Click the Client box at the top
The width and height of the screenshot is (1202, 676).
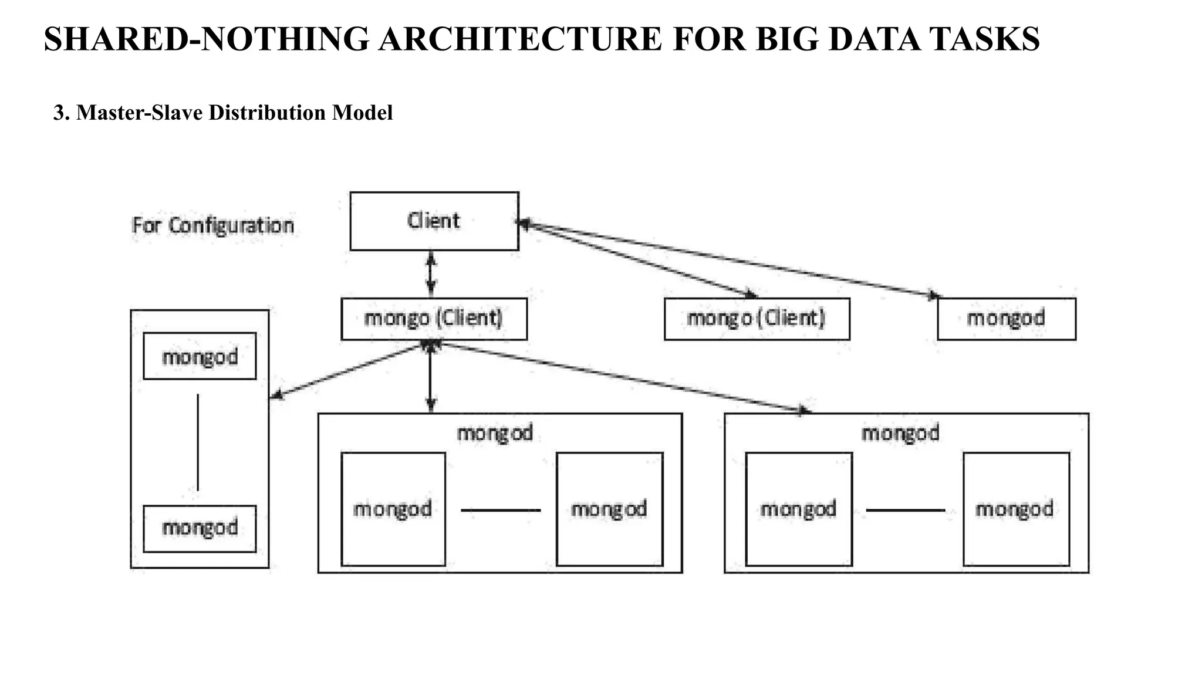pyautogui.click(x=434, y=221)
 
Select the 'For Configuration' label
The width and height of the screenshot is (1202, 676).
pyautogui.click(x=212, y=225)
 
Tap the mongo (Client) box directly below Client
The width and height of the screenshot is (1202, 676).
pyautogui.click(x=434, y=319)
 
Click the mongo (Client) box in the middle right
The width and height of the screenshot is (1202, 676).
pyautogui.click(x=757, y=319)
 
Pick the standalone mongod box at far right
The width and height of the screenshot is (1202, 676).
pyautogui.click(x=1006, y=319)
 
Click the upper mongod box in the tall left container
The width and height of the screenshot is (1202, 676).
pyautogui.click(x=200, y=356)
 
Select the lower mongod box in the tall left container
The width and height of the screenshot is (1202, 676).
pyautogui.click(x=200, y=528)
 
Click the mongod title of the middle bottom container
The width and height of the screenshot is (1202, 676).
pyautogui.click(x=495, y=433)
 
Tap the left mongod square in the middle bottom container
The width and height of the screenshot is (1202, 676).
pyautogui.click(x=393, y=509)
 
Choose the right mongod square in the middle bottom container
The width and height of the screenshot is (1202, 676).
pyautogui.click(x=609, y=509)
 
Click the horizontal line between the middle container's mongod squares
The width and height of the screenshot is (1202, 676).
pyautogui.click(x=500, y=510)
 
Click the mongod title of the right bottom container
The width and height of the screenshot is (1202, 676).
pyautogui.click(x=900, y=433)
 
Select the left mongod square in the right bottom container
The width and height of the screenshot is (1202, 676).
pyautogui.click(x=798, y=509)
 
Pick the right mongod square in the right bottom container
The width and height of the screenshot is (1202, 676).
pyautogui.click(x=1015, y=509)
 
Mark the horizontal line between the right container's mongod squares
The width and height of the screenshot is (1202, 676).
pyautogui.click(x=905, y=510)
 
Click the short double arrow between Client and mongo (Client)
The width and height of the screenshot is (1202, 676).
pyautogui.click(x=431, y=274)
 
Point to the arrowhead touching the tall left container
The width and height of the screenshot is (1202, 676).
pyautogui.click(x=276, y=396)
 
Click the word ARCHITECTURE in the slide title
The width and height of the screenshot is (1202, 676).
pyautogui.click(x=519, y=39)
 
